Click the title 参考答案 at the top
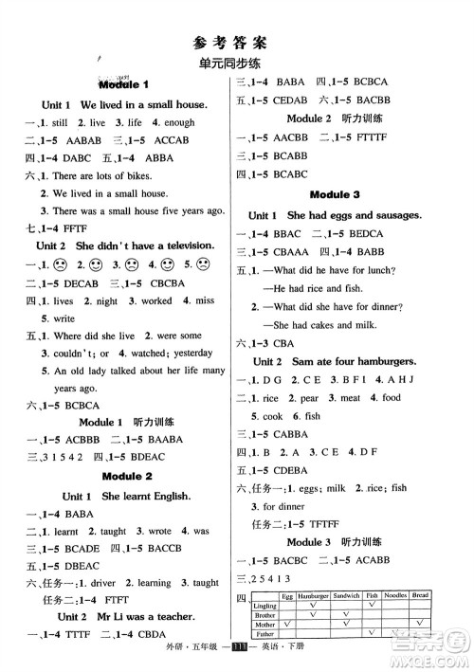point(237,41)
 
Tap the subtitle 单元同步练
point(237,64)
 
